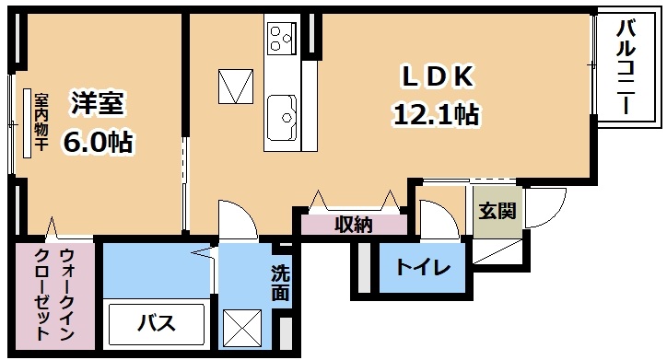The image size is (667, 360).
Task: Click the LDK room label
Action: coord(437,77)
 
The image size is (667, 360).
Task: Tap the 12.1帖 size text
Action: coord(437,114)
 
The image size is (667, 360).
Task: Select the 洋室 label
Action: coord(98,103)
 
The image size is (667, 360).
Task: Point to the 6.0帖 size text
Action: coord(98,142)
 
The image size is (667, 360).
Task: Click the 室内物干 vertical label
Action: coord(41,122)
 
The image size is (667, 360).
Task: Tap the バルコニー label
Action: coord(626,67)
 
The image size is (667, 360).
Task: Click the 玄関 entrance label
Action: coord(497,211)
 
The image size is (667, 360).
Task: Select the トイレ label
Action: coord(423,267)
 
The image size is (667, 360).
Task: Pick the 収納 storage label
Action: coord(354,225)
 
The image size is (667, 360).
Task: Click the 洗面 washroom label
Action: coord(280,283)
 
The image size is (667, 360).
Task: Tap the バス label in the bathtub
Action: coord(157,323)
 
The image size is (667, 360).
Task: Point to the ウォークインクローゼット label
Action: coord(54,294)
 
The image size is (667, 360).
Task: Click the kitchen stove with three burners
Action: coord(282,38)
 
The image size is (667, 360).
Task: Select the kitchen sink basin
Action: coord(282,117)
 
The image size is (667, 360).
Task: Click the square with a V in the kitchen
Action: coord(236,87)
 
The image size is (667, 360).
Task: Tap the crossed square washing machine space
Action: coord(242,329)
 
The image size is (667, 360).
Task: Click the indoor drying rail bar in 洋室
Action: coord(28,123)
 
